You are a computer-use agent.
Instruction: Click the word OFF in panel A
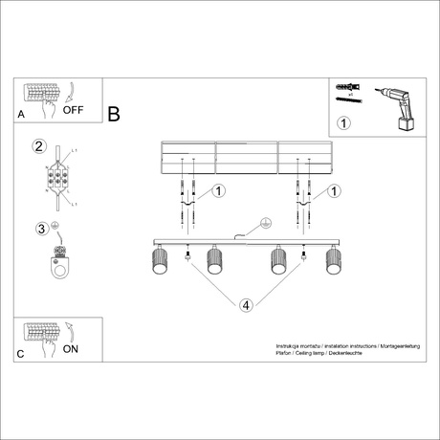pos(74,109)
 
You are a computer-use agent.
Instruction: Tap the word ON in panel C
pos(71,349)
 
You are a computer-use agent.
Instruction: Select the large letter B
pos(114,115)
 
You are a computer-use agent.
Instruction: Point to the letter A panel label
pos(21,114)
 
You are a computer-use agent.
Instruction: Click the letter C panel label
pos(21,353)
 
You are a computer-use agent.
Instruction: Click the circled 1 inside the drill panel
pos(344,124)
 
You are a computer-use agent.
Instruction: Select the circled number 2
pos(39,146)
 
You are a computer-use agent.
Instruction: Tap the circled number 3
pos(39,228)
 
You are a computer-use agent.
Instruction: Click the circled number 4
pos(246,306)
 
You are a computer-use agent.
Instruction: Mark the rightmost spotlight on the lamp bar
pos(333,260)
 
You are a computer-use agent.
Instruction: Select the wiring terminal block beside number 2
pos(57,178)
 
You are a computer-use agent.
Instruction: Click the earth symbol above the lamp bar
pos(262,225)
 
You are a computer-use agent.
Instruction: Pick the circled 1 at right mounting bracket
pos(335,191)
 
